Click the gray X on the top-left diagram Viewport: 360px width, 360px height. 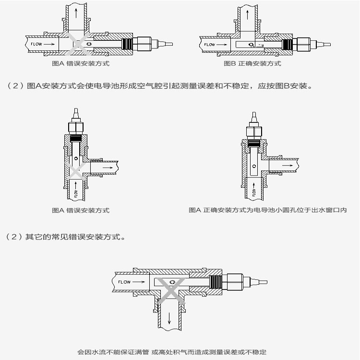click(79, 44)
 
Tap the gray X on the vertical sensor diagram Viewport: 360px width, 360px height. click(75, 171)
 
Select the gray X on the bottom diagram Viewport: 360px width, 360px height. click(171, 290)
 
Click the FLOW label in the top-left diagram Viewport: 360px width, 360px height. click(36, 44)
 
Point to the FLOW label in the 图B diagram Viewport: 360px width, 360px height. click(209, 45)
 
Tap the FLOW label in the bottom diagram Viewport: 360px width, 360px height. click(124, 282)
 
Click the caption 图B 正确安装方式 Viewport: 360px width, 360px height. click(252, 63)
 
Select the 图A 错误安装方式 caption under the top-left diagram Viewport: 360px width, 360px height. click(81, 63)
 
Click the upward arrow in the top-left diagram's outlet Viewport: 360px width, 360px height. click(76, 13)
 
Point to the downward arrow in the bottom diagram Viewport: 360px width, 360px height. click(169, 318)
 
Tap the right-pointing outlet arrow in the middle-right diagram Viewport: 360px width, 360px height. click(288, 165)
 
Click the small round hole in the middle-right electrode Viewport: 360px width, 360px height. click(254, 166)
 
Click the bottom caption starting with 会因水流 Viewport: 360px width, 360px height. click(172, 352)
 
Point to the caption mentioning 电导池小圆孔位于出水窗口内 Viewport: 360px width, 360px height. click(268, 210)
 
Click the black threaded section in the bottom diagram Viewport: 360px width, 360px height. click(216, 282)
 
